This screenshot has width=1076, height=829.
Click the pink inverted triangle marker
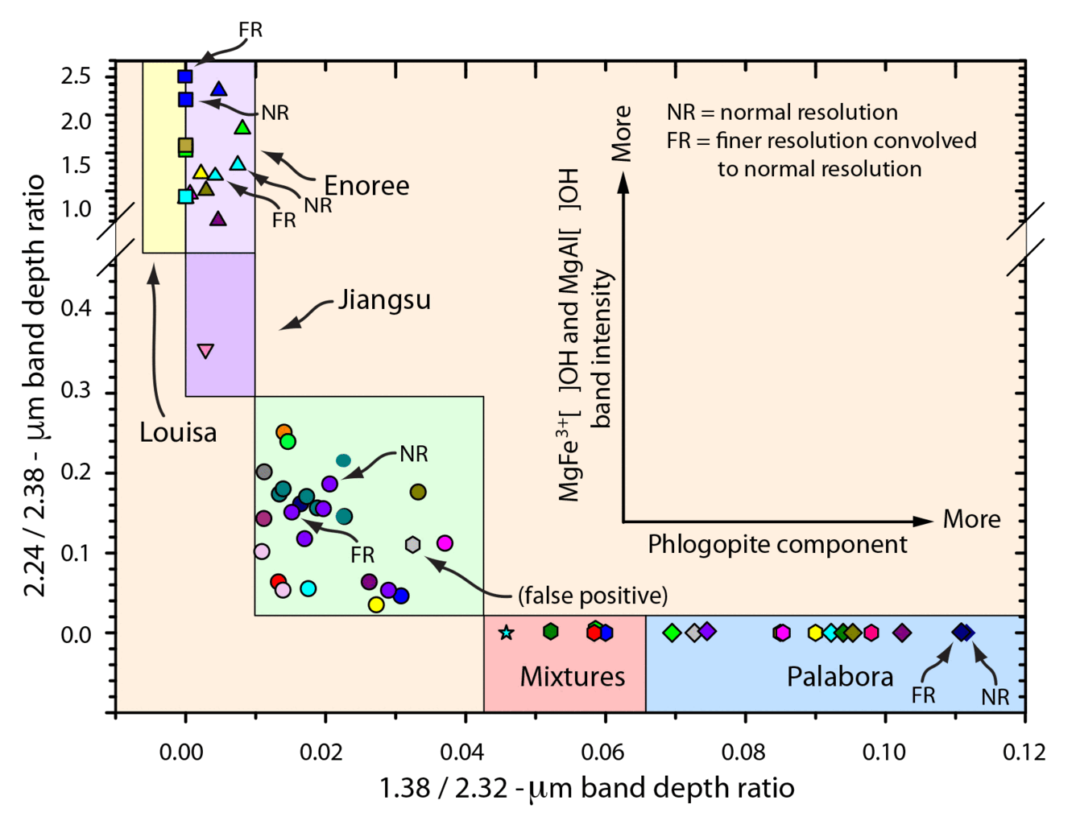coord(205,351)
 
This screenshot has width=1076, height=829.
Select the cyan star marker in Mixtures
coord(506,633)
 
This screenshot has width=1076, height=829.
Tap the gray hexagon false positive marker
coord(412,545)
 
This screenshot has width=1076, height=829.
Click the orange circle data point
coord(283,433)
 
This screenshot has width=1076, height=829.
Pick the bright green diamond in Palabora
coord(672,633)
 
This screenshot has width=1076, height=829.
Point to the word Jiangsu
coord(384,299)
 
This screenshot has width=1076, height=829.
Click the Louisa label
coord(178,432)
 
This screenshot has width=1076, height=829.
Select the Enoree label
coord(366,186)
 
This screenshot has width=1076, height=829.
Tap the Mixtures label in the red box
coord(572,676)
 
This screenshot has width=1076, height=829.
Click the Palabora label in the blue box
coord(839,676)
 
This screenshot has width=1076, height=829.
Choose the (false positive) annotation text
coord(593,596)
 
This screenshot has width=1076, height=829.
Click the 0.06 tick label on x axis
coord(602,752)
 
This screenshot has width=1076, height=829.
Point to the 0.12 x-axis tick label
coord(1023,752)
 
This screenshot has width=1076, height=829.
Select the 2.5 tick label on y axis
coord(77,76)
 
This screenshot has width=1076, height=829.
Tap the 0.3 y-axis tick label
coord(77,390)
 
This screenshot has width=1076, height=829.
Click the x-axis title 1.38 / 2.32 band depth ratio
coord(586,788)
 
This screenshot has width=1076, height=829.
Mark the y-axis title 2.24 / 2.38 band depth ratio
coord(35,385)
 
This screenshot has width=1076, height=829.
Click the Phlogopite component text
coord(777,545)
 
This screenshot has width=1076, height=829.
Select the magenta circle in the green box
coord(444,543)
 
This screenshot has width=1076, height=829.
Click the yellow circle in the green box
coord(376,604)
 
